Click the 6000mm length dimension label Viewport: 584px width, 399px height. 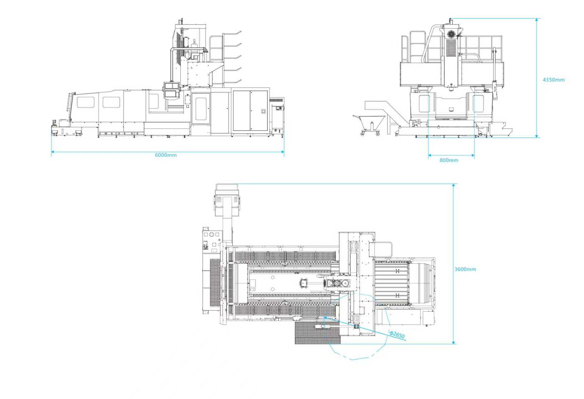(166, 155)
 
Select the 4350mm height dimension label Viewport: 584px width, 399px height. (553, 80)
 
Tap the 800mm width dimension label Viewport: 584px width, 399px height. (449, 160)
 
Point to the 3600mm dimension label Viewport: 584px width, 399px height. (465, 269)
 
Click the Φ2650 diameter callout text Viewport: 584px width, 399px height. (397, 334)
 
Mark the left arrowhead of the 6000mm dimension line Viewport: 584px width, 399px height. (53, 152)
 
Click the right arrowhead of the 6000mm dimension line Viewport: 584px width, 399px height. (283, 152)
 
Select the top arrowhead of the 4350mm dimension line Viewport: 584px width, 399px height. (537, 20)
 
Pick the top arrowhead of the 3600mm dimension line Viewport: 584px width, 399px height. (453, 185)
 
